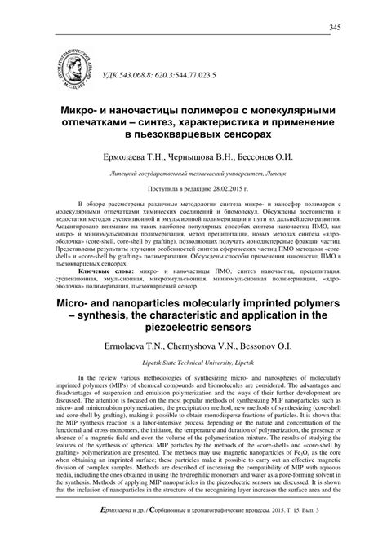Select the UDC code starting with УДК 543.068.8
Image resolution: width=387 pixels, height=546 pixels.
coord(151,79)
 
